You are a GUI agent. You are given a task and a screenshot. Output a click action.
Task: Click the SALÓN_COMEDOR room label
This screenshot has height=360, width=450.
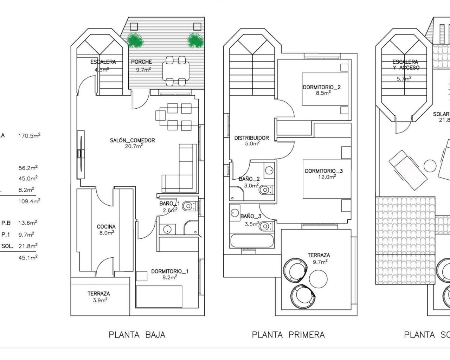[x=132, y=140]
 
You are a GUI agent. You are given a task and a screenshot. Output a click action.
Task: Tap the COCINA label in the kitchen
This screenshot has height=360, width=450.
[x=106, y=227]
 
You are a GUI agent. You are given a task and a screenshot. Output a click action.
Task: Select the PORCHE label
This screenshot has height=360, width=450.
[x=141, y=62]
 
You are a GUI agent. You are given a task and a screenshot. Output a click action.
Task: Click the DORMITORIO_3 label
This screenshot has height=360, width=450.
[x=323, y=171]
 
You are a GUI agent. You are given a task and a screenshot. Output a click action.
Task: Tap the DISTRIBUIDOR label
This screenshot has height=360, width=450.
[x=251, y=138]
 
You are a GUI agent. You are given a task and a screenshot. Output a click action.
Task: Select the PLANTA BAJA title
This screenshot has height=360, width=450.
[x=137, y=335]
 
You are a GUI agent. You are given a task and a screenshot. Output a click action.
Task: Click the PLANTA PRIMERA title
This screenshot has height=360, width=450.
[x=288, y=335]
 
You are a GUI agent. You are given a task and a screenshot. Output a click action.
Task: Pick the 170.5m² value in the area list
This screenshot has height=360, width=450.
[x=29, y=135]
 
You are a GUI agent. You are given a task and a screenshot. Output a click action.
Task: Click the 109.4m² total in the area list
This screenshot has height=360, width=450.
[x=29, y=201]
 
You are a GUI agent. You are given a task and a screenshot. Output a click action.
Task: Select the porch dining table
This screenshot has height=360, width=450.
[x=175, y=71]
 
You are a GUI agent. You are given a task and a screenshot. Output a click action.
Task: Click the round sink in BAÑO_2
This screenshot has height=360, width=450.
[x=269, y=171]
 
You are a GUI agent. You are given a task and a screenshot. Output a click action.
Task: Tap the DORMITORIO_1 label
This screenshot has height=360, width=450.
[x=170, y=271]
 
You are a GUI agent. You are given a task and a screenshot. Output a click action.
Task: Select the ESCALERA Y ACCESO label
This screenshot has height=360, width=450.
[x=406, y=65]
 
